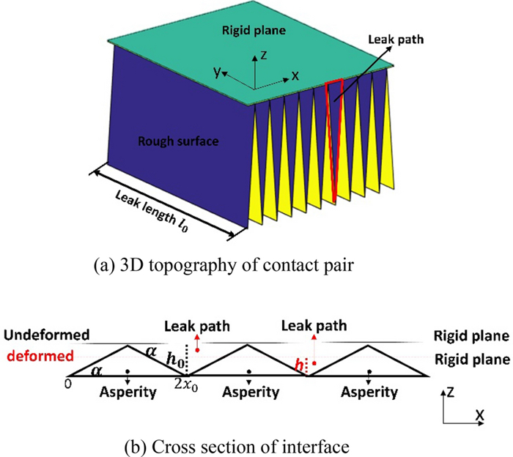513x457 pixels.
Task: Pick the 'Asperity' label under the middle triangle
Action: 251,393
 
